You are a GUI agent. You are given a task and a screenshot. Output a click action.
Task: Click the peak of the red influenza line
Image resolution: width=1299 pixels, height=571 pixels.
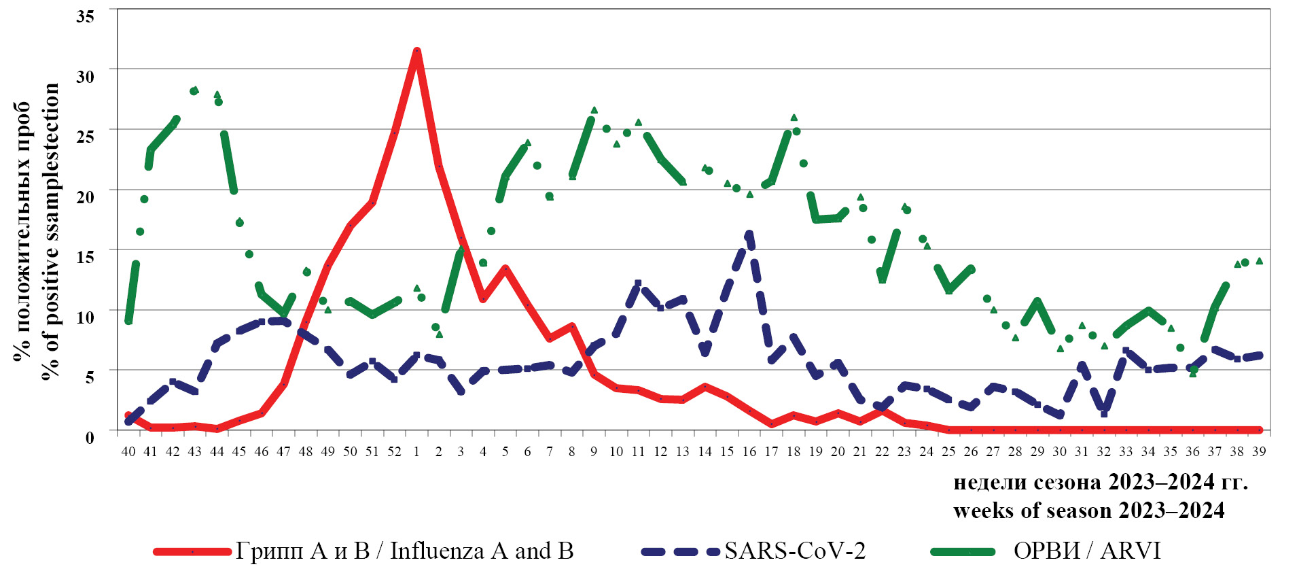(416, 51)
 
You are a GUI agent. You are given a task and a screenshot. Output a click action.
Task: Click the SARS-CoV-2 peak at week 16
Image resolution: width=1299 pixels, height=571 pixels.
(749, 235)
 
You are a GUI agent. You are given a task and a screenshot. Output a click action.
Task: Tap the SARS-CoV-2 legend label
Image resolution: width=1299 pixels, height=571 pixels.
(795, 551)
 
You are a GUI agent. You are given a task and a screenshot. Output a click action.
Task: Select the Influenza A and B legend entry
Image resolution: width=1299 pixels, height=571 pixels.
(405, 551)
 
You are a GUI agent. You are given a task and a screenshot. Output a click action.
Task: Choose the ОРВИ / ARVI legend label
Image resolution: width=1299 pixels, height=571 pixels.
(1087, 551)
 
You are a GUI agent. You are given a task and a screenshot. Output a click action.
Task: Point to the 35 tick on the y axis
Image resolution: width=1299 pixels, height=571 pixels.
(85, 16)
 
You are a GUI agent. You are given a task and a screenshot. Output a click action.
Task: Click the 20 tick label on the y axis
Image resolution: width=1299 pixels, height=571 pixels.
(85, 196)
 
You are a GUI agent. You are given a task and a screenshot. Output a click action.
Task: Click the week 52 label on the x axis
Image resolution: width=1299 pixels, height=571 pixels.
(394, 451)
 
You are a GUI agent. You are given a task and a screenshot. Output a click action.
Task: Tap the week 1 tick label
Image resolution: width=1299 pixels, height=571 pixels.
(416, 451)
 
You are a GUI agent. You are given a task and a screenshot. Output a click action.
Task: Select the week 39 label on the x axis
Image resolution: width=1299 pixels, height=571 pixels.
(1259, 451)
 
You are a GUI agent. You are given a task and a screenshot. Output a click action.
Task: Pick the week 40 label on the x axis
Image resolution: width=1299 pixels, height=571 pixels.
(128, 451)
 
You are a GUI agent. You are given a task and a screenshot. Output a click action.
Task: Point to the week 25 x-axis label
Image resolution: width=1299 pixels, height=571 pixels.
(948, 451)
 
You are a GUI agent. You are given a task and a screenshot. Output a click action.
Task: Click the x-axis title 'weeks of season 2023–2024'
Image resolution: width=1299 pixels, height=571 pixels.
(1088, 511)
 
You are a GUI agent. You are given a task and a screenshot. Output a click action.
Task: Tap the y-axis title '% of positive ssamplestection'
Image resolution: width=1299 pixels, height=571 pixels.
(52, 231)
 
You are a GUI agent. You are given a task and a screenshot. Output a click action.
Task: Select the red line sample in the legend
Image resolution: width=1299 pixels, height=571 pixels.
(193, 551)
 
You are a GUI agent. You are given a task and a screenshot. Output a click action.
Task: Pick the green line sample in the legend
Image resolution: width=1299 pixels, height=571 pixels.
(962, 551)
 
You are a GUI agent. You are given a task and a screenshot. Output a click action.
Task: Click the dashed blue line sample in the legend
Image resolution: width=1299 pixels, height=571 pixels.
(680, 551)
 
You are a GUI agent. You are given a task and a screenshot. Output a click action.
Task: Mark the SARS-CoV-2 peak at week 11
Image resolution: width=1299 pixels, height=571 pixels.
(638, 283)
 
